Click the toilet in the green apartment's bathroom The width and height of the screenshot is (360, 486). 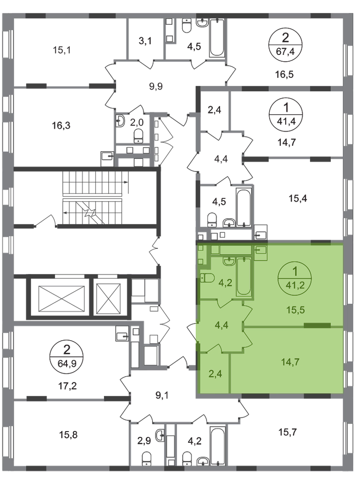pyautogui.click(x=206, y=279)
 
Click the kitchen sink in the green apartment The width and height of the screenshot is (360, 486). pyautogui.click(x=259, y=249)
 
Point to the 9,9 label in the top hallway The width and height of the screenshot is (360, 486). pyautogui.click(x=154, y=87)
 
